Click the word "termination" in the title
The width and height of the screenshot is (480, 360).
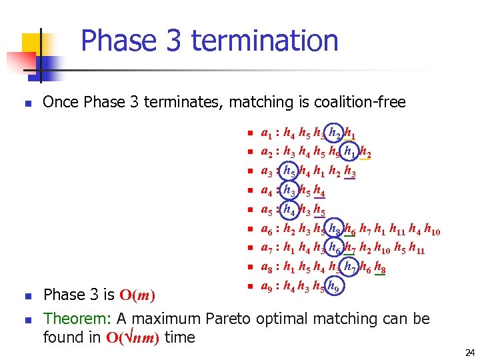265,41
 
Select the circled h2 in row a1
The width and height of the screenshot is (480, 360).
334,133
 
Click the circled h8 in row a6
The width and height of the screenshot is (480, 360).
335,229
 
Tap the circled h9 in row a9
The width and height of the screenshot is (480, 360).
335,288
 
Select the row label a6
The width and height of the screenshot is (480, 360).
267,230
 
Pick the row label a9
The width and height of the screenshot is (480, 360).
267,288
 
